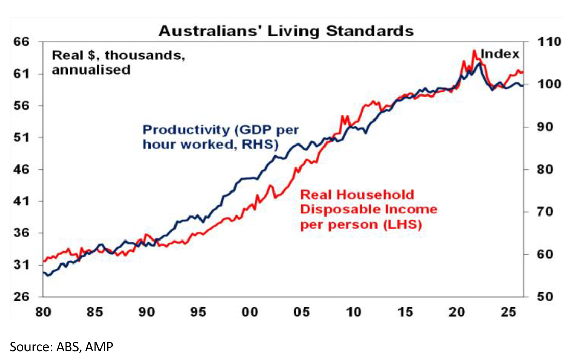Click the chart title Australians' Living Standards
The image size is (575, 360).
[286, 31]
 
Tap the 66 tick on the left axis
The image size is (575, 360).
[21, 42]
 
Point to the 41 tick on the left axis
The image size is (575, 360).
[21, 201]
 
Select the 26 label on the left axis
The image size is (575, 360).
[21, 297]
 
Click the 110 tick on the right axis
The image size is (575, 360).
[549, 42]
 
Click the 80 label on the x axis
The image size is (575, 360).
[43, 312]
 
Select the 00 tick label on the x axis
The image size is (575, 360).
[250, 312]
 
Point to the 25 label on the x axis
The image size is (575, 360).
[508, 312]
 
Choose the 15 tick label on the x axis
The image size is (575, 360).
[405, 312]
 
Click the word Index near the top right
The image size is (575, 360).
[500, 54]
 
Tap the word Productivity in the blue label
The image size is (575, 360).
[186, 130]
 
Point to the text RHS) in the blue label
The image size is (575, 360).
[261, 144]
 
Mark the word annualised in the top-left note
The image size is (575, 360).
[91, 70]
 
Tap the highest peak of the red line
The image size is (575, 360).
[474, 50]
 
